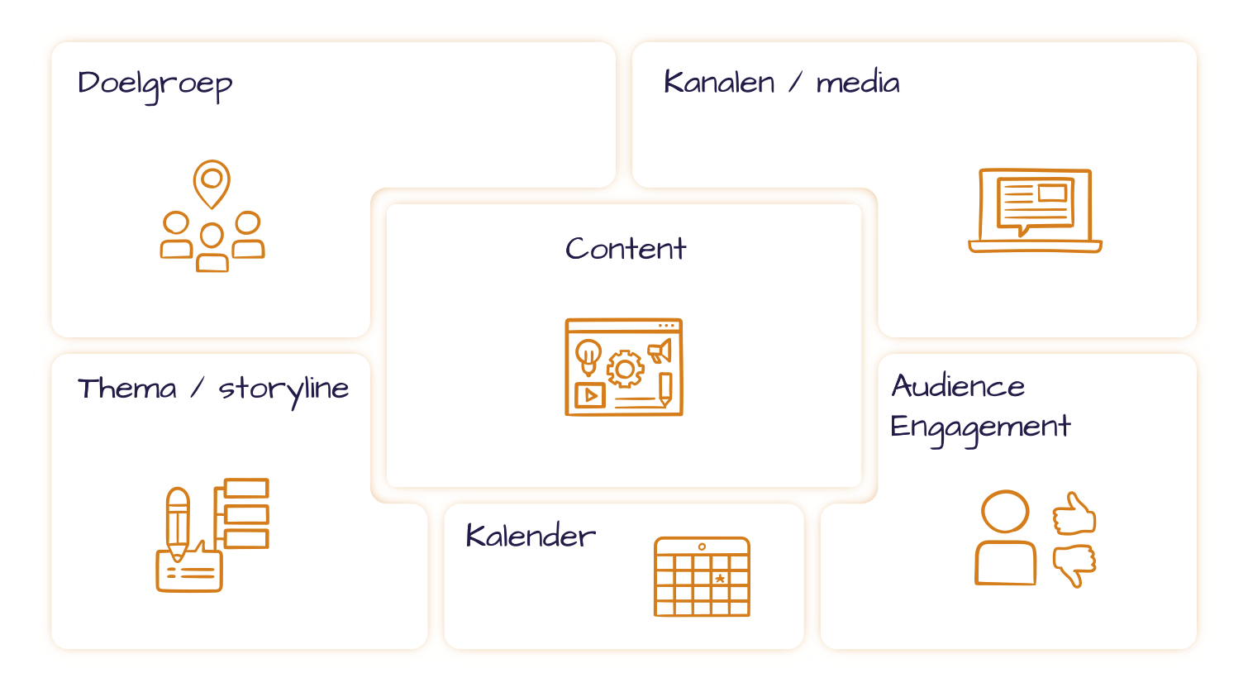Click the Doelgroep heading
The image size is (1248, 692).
coord(155,85)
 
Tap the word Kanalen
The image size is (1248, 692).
coord(719,83)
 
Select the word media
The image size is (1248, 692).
coord(857,83)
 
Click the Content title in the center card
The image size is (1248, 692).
coord(625,249)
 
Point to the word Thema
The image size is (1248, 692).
coord(127,389)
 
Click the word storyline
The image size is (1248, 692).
coord(283,390)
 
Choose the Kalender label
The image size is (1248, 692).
coord(531,536)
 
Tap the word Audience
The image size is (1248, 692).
coord(958,385)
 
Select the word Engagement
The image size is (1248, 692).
coord(980,429)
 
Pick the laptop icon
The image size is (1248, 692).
coord(1035,211)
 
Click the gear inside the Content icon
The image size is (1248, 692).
coord(625,369)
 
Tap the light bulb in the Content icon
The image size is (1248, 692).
coord(588,357)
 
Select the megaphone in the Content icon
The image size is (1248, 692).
coord(660,351)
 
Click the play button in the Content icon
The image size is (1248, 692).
coord(590,395)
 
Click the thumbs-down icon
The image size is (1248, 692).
coord(1074,566)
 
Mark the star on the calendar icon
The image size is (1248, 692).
coord(720,579)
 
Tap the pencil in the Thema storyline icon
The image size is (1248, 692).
coord(178,523)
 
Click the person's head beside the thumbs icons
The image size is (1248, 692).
coord(1005,512)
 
